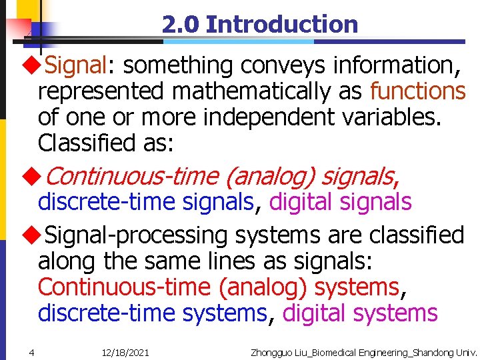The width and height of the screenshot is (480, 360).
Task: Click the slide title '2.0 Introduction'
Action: pos(259,25)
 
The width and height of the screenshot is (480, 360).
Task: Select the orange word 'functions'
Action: pos(417,90)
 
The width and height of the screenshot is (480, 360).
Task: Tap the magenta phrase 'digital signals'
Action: pos(341,201)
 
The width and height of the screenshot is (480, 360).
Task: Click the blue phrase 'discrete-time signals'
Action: pos(147,201)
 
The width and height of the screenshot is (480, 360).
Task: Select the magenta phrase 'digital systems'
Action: pos(360,313)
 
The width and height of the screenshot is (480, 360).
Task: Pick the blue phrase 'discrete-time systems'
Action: pos(153,313)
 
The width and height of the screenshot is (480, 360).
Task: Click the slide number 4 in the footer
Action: pos(31,352)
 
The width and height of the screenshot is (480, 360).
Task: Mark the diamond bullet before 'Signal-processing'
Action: pos(30,235)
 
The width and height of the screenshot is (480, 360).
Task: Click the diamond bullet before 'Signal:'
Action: pos(30,66)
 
